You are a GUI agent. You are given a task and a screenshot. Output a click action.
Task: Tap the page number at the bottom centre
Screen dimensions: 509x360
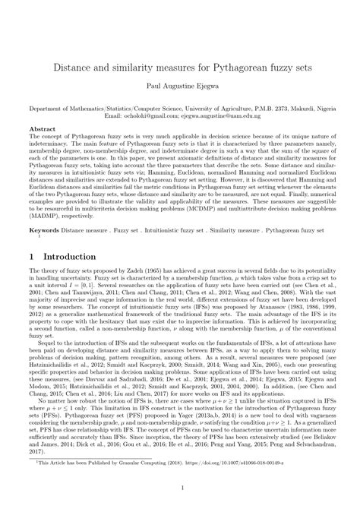(180, 487)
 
